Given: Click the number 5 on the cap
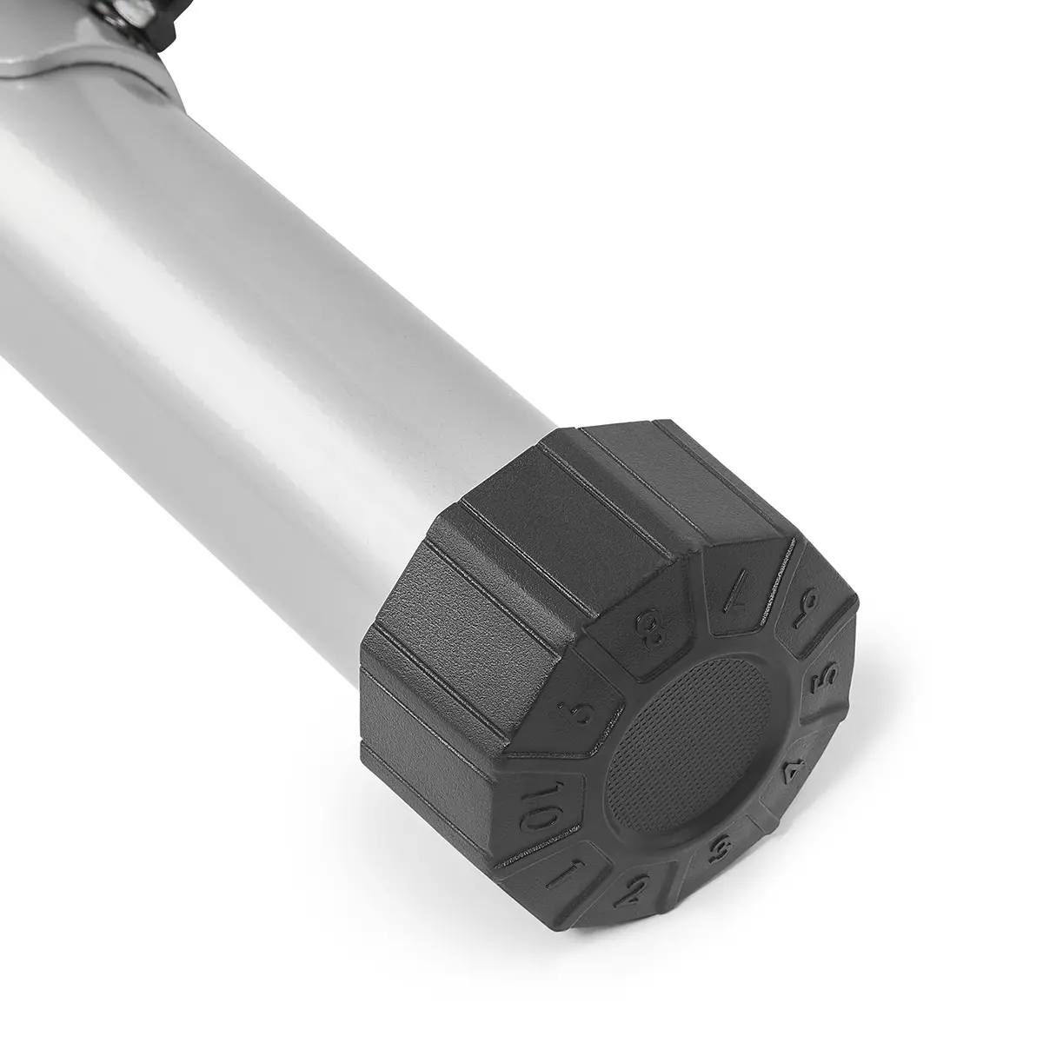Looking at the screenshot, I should coord(827,674).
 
